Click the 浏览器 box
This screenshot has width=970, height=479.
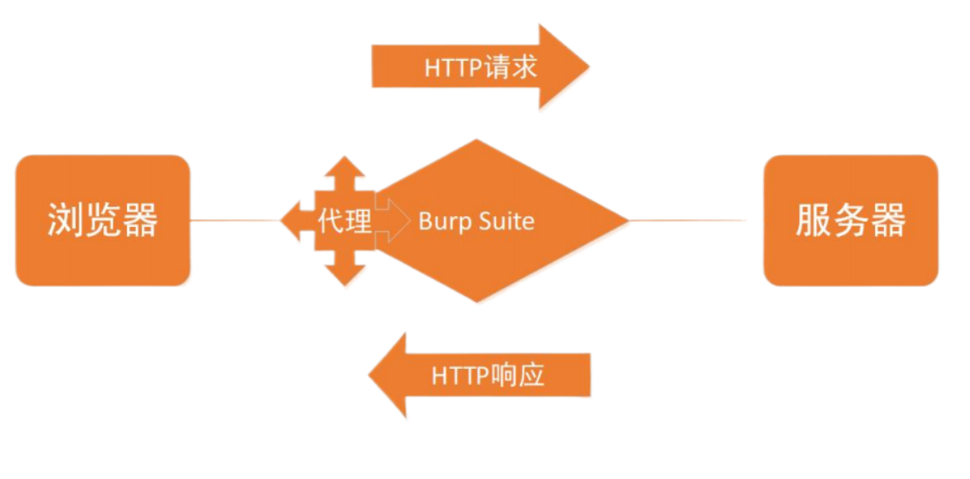pos(102,220)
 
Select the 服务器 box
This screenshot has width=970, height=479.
pos(850,220)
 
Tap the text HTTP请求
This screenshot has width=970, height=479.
pos(481,67)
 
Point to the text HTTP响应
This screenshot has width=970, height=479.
pos(488,377)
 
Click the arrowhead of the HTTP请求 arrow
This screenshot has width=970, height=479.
pos(564,67)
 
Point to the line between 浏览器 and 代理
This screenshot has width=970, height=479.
pos(235,221)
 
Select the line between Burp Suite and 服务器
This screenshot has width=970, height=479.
pos(692,220)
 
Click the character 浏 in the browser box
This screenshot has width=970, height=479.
pos(63,220)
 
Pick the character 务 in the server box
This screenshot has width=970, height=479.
pos(850,220)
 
